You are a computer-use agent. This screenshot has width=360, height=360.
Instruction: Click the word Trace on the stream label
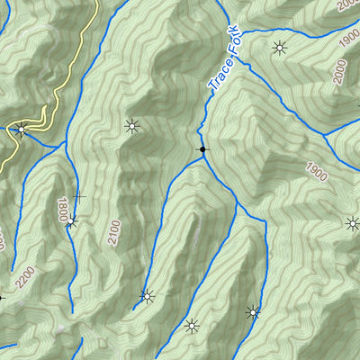[219, 74]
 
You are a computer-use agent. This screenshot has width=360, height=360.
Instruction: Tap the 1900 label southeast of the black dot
[315, 174]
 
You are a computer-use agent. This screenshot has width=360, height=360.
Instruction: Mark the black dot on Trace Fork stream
[202, 149]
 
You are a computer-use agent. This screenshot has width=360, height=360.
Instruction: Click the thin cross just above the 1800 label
[78, 196]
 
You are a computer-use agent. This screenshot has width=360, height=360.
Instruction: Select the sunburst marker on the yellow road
[21, 130]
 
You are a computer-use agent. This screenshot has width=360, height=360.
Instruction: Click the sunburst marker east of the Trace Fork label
[281, 48]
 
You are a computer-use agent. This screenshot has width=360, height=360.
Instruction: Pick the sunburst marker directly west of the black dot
[133, 126]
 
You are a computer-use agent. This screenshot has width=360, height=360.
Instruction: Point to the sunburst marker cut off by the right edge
[352, 223]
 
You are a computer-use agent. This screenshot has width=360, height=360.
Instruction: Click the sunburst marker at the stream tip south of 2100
[146, 295]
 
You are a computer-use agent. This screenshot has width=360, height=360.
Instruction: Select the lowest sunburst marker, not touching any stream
[191, 326]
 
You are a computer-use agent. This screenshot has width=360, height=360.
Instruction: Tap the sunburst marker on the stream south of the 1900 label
[253, 312]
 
